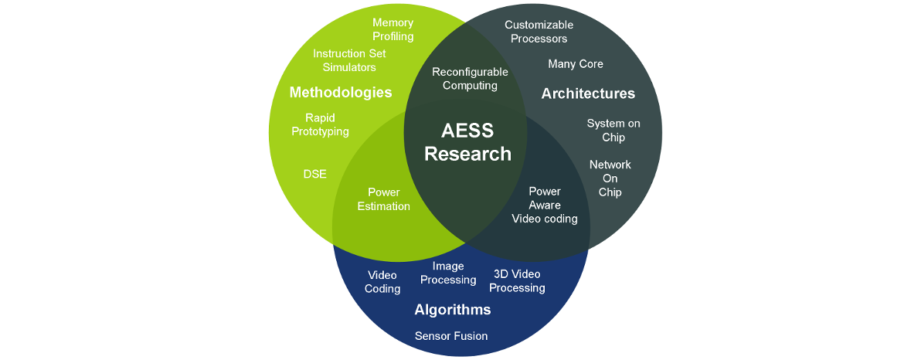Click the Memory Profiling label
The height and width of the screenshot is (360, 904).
pyautogui.click(x=393, y=29)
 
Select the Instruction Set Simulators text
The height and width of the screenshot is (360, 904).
pyautogui.click(x=349, y=60)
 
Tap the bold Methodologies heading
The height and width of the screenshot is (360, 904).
pyautogui.click(x=341, y=93)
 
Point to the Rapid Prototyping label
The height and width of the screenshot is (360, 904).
pyautogui.click(x=320, y=124)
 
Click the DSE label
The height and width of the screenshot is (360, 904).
pyautogui.click(x=314, y=174)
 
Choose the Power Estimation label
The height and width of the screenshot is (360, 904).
pyautogui.click(x=383, y=199)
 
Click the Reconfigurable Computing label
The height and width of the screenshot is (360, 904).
pyautogui.click(x=470, y=79)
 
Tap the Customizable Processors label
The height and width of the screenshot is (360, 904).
pyautogui.click(x=539, y=32)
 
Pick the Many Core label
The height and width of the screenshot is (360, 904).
pyautogui.click(x=576, y=64)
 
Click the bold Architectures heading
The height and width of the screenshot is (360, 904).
pyautogui.click(x=588, y=93)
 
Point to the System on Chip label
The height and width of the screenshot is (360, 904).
pyautogui.click(x=613, y=131)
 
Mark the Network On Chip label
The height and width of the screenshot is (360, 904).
pyautogui.click(x=610, y=178)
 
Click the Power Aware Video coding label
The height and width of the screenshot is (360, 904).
pyautogui.click(x=545, y=205)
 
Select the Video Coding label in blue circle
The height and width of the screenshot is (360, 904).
pyautogui.click(x=382, y=282)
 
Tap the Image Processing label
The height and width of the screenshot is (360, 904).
pyautogui.click(x=448, y=273)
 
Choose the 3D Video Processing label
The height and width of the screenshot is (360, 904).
pyautogui.click(x=517, y=280)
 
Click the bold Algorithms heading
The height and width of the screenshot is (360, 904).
pyautogui.click(x=453, y=310)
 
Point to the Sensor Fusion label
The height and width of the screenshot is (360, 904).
pyautogui.click(x=451, y=336)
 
